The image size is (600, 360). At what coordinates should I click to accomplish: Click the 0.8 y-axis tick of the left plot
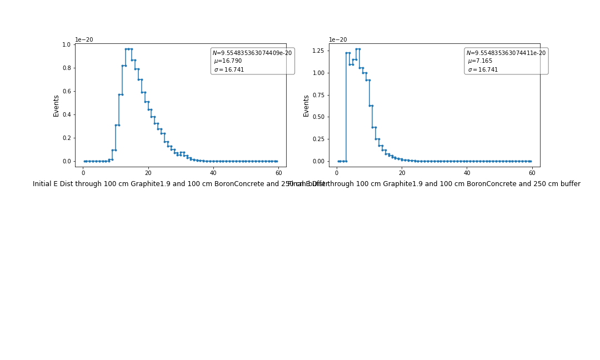[67, 68]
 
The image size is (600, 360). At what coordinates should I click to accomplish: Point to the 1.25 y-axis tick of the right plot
[318, 51]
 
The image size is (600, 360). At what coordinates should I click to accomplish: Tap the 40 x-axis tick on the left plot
[213, 173]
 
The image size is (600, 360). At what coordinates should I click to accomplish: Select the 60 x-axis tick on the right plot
[532, 173]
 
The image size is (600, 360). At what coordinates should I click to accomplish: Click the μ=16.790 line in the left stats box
[228, 61]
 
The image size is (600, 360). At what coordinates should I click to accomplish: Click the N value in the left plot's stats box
[252, 53]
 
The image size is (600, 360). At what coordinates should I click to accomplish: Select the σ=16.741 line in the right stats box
[483, 70]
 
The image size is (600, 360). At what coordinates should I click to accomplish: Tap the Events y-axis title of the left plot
[56, 106]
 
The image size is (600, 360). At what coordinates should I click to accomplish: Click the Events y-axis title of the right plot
[306, 106]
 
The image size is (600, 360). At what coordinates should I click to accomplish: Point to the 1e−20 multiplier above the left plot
[84, 40]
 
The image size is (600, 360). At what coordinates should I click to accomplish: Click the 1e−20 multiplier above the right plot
[338, 40]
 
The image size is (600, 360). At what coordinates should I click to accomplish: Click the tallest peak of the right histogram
[358, 49]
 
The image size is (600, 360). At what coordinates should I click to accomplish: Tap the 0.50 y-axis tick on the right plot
[318, 117]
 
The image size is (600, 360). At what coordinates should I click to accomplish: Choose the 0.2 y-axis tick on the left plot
[67, 138]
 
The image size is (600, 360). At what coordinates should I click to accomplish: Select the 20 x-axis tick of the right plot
[402, 173]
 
